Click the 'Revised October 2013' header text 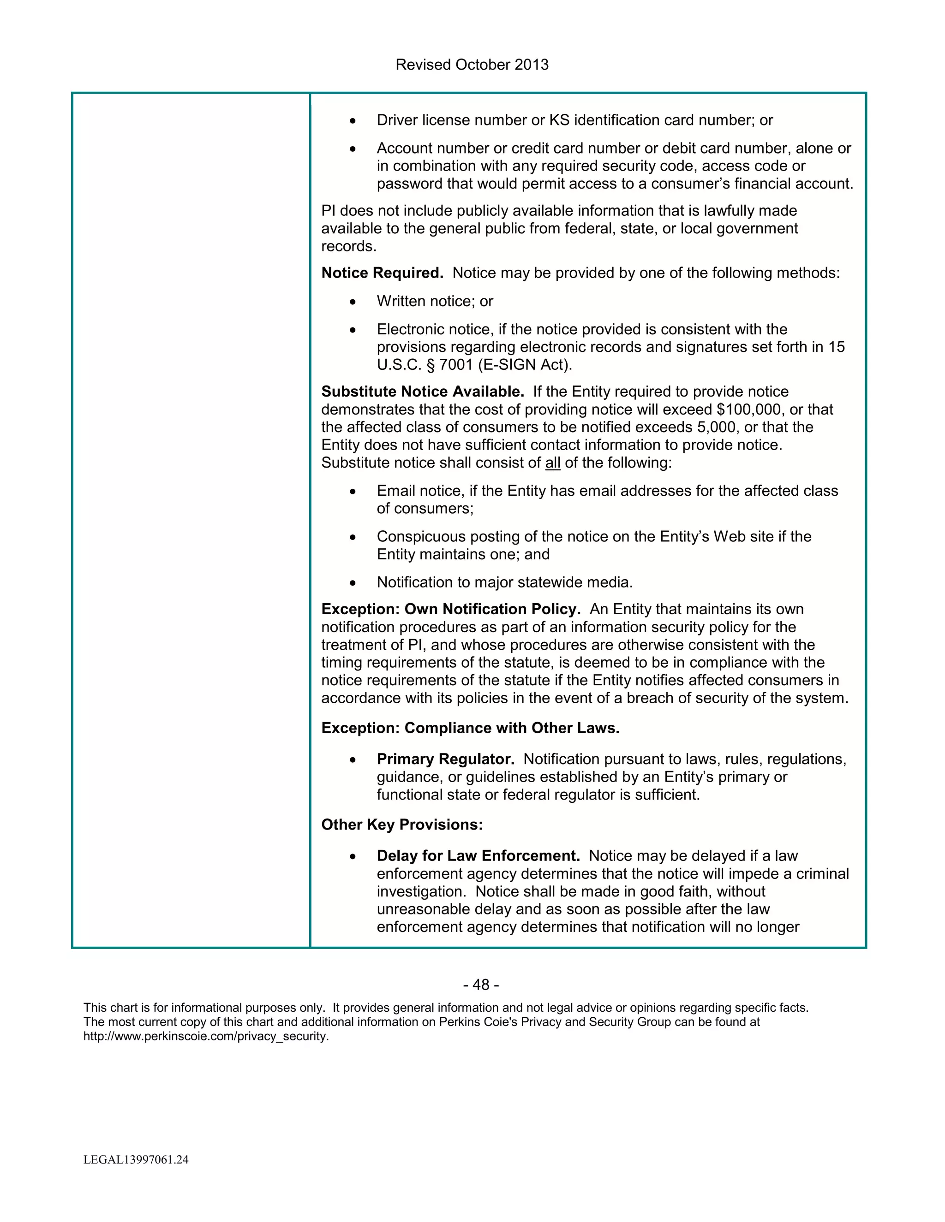pyautogui.click(x=472, y=65)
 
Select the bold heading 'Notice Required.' pyautogui.click(x=382, y=273)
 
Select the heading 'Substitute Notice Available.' pyautogui.click(x=423, y=392)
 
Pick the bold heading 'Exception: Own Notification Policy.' pyautogui.click(x=451, y=609)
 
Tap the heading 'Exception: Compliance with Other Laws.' pyautogui.click(x=470, y=728)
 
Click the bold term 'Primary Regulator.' pyautogui.click(x=445, y=759)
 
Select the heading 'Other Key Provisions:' pyautogui.click(x=402, y=825)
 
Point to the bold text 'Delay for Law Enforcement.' pyautogui.click(x=478, y=856)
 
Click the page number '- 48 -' pyautogui.click(x=481, y=985)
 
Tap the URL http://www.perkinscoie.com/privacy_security pyautogui.click(x=206, y=1036)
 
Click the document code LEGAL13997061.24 pyautogui.click(x=136, y=1159)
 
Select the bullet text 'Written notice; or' pyautogui.click(x=434, y=302)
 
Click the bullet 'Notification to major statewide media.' pyautogui.click(x=504, y=582)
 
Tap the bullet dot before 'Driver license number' pyautogui.click(x=352, y=121)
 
